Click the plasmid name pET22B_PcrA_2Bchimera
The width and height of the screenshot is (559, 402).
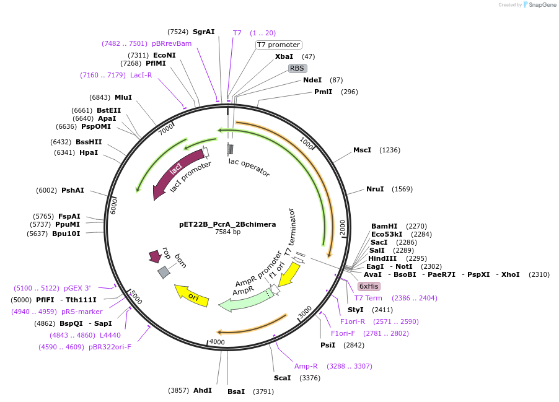click(227, 224)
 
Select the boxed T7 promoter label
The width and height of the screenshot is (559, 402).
click(279, 45)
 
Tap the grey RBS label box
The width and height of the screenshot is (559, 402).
click(297, 68)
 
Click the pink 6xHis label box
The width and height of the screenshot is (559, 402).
click(368, 286)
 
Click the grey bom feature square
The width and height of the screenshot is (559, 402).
click(164, 272)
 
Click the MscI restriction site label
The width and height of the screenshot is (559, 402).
click(362, 150)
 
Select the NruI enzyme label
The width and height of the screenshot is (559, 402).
click(375, 189)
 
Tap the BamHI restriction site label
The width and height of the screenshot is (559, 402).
click(384, 226)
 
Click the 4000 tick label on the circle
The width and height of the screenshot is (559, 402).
click(217, 342)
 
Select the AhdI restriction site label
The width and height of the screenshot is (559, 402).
click(202, 390)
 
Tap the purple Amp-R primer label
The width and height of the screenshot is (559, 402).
click(306, 366)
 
